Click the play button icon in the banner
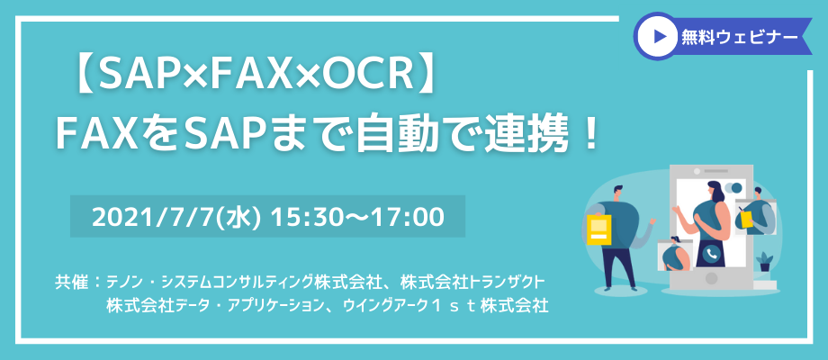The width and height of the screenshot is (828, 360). click(x=657, y=36)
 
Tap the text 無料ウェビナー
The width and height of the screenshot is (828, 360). click(x=739, y=36)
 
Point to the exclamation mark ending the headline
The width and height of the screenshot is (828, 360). click(x=591, y=135)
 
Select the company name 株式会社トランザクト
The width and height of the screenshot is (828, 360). click(x=472, y=282)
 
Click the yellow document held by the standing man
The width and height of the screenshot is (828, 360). click(x=598, y=229)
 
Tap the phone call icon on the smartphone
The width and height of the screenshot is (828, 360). click(x=713, y=255)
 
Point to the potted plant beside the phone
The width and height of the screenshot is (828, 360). click(x=764, y=262)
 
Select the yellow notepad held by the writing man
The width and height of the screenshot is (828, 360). click(x=746, y=218)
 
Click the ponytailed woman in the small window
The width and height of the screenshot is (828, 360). click(x=674, y=255)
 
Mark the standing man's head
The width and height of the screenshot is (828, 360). click(x=620, y=194)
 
